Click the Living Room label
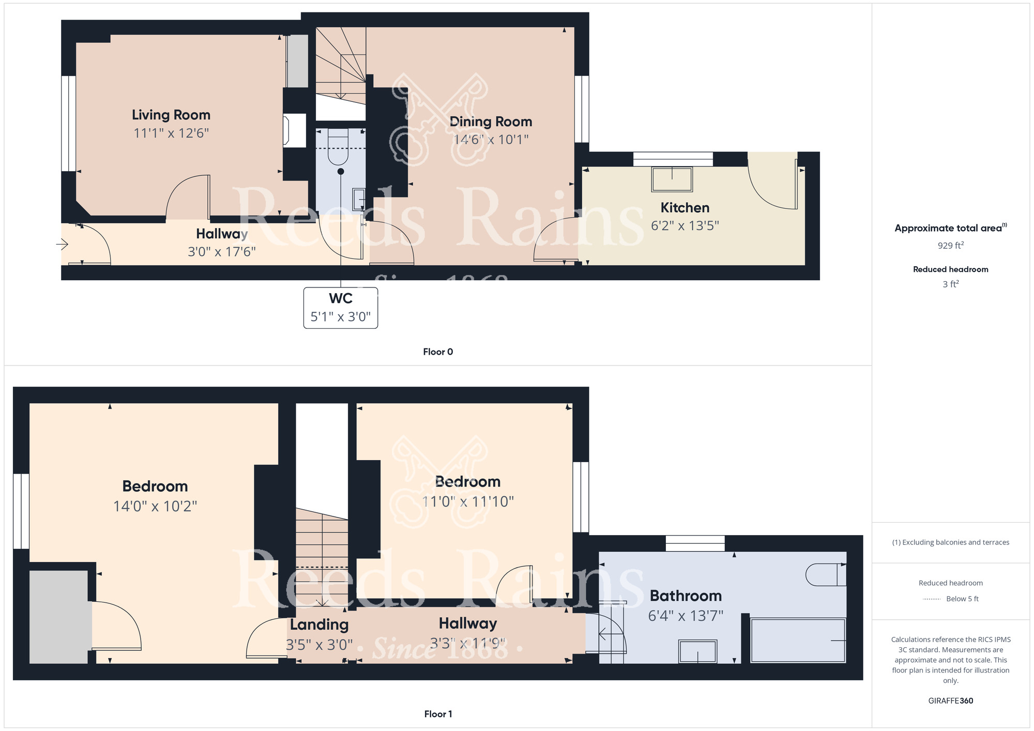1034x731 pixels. [171, 115]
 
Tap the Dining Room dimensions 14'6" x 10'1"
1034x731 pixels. [491, 140]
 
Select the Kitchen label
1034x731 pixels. [685, 208]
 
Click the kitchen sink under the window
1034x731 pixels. [672, 179]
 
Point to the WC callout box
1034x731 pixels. [341, 308]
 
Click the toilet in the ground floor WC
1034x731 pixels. [338, 146]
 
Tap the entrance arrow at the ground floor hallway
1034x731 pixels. [62, 244]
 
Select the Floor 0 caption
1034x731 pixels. [438, 352]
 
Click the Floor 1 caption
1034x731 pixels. [438, 714]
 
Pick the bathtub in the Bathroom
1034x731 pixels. [798, 641]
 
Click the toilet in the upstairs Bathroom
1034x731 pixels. [826, 574]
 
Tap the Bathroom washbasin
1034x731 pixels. [698, 651]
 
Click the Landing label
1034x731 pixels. [319, 625]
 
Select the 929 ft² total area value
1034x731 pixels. [951, 245]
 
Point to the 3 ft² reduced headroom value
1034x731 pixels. [951, 284]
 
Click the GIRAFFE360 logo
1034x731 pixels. [951, 701]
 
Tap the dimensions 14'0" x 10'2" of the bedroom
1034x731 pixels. [155, 506]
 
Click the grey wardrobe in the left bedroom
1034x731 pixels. [58, 617]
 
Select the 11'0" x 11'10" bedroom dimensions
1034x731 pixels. [468, 501]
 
